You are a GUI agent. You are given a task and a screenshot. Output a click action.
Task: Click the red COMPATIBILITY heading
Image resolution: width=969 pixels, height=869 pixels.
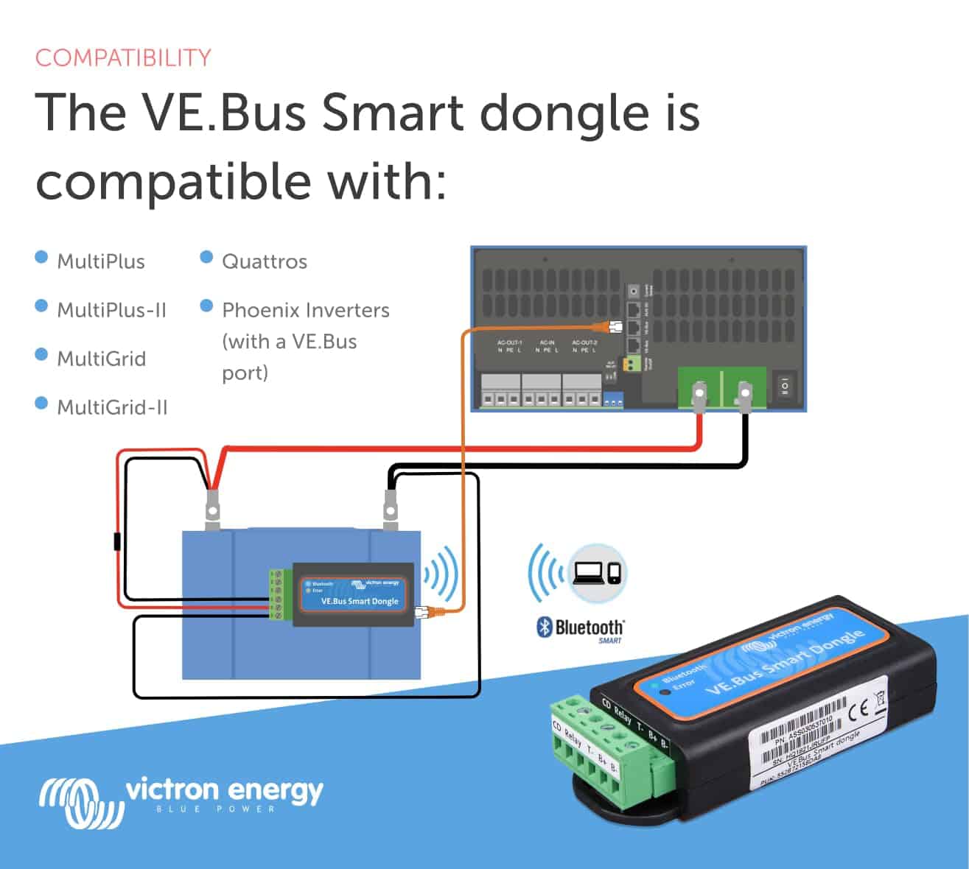(x=123, y=58)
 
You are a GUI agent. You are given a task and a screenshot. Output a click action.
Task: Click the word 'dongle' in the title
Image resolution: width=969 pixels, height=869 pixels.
(x=566, y=114)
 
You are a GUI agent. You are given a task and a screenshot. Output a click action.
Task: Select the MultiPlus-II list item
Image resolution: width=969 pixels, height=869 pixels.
(x=112, y=310)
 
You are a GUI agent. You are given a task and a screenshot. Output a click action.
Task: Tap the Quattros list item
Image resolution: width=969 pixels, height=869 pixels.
(x=264, y=261)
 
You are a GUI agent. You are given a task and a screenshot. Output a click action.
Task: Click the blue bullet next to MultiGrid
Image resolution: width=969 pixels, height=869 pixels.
(x=41, y=355)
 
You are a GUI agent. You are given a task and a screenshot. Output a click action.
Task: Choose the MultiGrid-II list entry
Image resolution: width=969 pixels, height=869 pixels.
(x=112, y=407)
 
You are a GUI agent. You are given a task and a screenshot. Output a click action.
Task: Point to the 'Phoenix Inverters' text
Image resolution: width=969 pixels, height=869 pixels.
(x=305, y=310)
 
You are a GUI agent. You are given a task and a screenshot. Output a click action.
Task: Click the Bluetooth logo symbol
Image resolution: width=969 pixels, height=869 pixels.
(x=544, y=627)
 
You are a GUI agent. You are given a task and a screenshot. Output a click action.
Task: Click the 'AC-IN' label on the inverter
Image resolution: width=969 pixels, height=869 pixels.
(x=547, y=342)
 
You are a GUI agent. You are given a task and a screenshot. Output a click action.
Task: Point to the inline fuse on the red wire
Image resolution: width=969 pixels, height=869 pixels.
(x=117, y=541)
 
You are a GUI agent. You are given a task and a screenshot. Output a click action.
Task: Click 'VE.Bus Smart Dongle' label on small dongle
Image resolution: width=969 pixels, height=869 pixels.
(x=360, y=601)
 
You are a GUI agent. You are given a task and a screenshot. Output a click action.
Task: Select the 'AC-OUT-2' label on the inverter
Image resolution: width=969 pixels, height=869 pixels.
(x=584, y=342)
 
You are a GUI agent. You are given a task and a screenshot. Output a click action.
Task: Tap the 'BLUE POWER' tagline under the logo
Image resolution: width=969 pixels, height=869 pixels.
(x=215, y=809)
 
